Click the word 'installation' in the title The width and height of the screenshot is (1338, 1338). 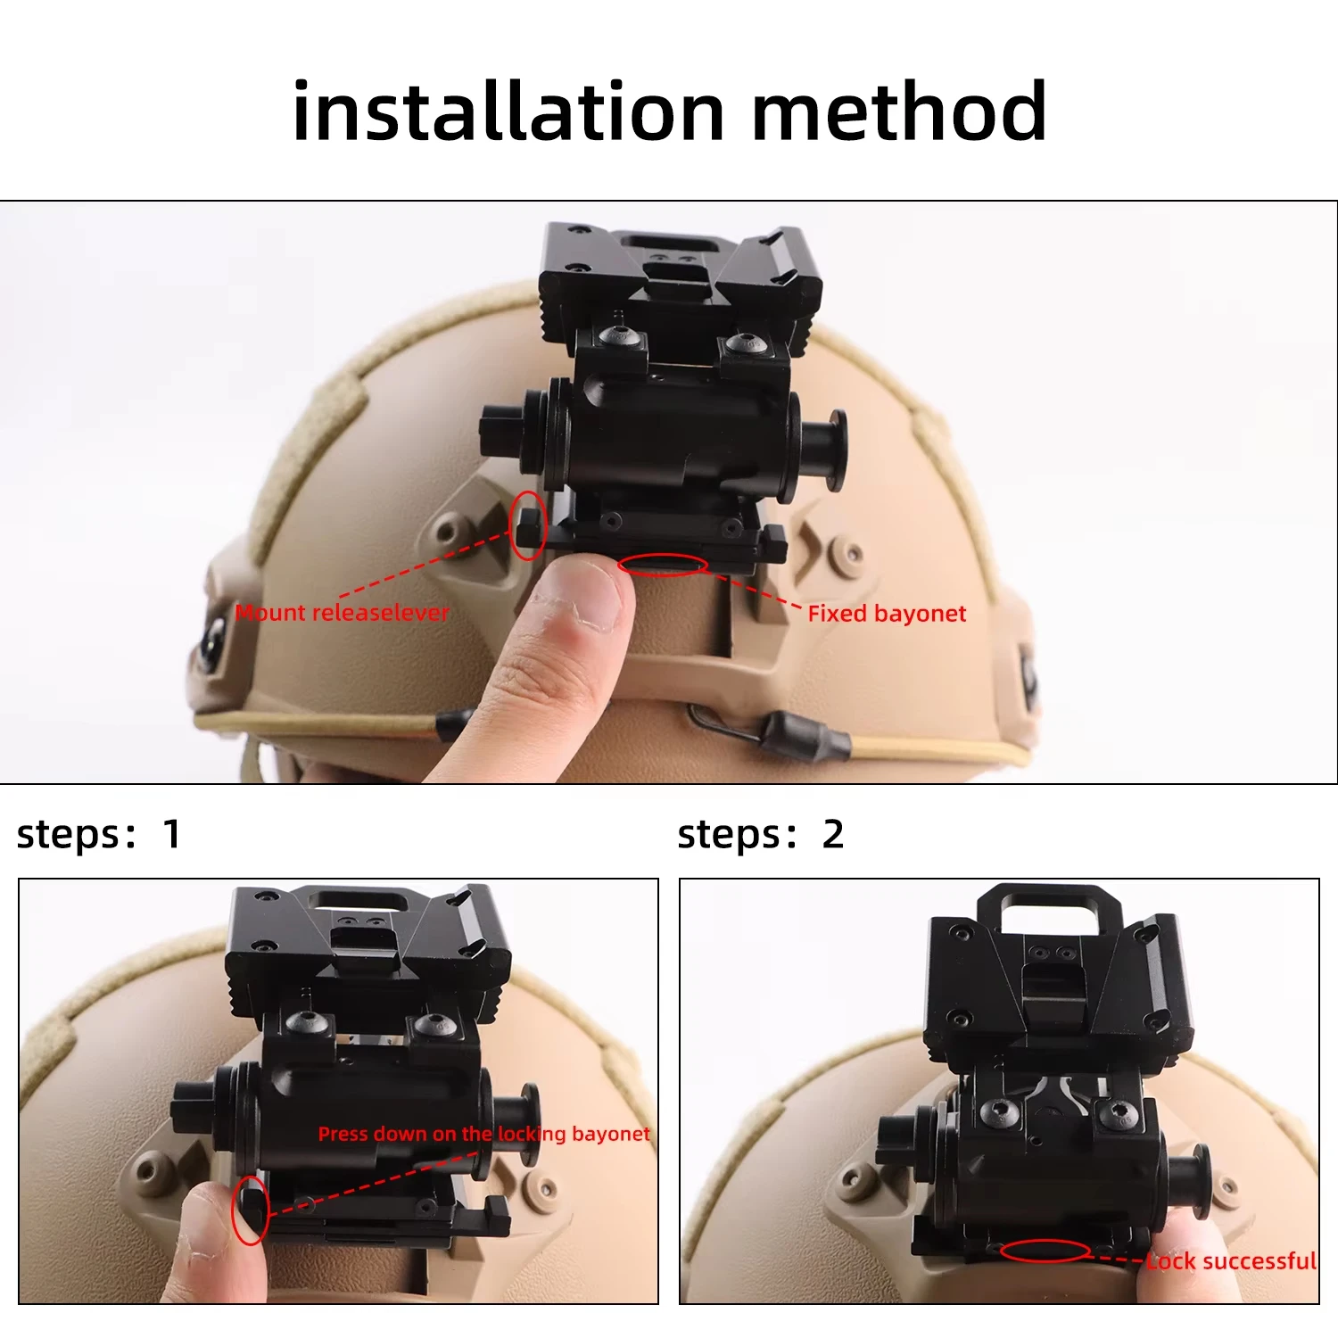(508, 111)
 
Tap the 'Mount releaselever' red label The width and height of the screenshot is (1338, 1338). (342, 613)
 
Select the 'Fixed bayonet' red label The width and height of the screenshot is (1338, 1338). (887, 614)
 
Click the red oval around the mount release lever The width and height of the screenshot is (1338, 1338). (528, 525)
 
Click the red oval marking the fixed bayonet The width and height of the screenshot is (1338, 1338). (663, 565)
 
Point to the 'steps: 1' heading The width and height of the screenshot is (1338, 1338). (99, 835)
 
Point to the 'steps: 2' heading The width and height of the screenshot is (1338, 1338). (760, 835)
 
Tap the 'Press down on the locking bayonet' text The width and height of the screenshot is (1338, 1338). (483, 1134)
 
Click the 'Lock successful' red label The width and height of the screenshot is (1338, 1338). (1231, 1261)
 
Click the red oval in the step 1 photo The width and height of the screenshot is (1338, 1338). (251, 1210)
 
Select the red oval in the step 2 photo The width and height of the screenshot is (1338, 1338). (1045, 1251)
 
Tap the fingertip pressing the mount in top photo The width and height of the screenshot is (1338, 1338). (580, 593)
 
